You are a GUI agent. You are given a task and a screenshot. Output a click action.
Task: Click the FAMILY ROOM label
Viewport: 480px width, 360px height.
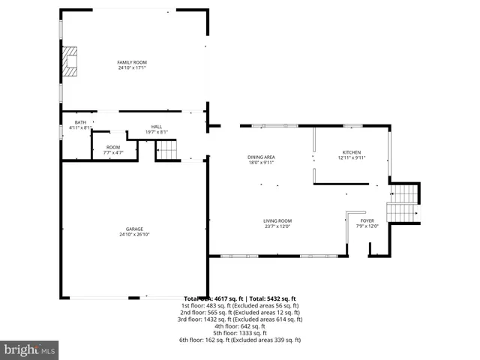[x=131, y=61]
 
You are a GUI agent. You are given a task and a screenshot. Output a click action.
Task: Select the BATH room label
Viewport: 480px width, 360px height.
[x=79, y=122]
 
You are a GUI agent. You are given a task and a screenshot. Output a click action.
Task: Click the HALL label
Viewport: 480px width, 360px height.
[x=156, y=127]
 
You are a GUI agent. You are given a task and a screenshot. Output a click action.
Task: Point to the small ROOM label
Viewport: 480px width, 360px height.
[x=112, y=147]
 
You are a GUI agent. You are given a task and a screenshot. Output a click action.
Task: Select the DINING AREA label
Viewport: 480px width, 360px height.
[x=261, y=157]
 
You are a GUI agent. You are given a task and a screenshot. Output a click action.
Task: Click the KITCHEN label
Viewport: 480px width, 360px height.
[x=351, y=151]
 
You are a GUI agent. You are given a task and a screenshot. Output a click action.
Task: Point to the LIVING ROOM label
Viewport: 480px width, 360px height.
[x=277, y=220]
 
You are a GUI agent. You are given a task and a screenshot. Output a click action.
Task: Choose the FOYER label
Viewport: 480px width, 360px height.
[x=367, y=220]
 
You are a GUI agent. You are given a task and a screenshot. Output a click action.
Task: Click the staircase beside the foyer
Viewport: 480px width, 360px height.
[x=403, y=203]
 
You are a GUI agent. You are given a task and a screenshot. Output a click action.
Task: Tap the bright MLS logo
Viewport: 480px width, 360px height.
[x=30, y=349]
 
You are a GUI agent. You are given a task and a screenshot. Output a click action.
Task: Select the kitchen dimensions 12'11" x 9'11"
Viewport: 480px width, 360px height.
[x=351, y=157]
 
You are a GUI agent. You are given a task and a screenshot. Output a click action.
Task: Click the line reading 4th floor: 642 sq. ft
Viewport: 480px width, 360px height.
[x=240, y=326]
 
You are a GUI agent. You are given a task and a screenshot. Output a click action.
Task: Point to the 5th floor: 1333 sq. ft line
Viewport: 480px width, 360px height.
[x=240, y=333]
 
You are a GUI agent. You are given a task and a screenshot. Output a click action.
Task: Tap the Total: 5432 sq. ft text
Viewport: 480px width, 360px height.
[x=271, y=298]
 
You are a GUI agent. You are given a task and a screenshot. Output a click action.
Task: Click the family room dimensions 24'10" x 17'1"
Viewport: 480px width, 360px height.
[x=131, y=67]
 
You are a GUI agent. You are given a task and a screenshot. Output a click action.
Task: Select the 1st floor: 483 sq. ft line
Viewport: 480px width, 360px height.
[x=240, y=305]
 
